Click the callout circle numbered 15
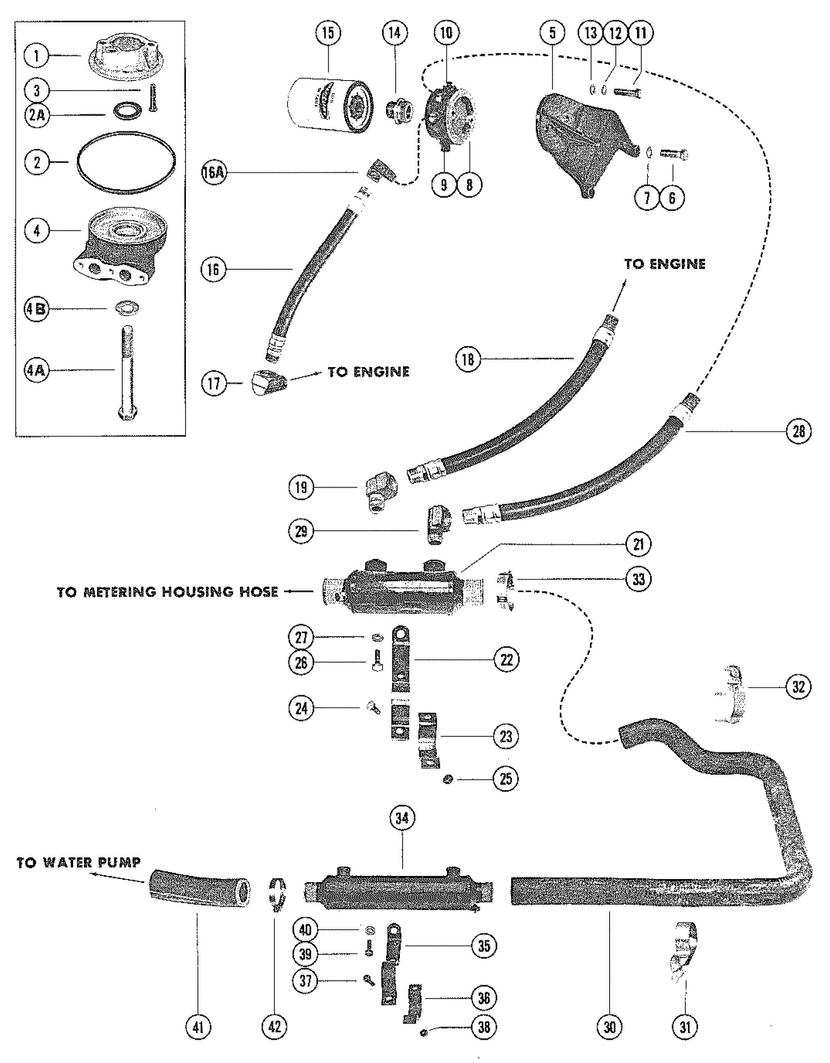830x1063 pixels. (x=328, y=33)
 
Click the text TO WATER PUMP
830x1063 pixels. (x=79, y=863)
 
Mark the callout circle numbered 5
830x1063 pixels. (x=552, y=33)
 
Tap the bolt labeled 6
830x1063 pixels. (x=674, y=155)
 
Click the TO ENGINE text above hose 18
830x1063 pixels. (x=665, y=264)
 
